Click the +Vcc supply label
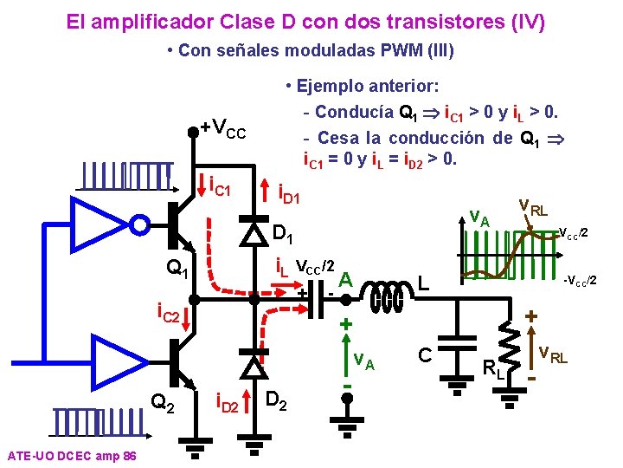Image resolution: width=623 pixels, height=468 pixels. point(224,130)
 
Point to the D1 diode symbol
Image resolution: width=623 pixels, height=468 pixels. point(253,232)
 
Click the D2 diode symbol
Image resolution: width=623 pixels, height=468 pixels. point(253,367)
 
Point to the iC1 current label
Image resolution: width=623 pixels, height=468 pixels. point(220,185)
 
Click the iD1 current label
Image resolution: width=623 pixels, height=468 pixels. point(287,190)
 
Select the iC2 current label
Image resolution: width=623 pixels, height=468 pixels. point(168,310)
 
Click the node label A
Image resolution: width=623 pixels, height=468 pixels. point(345,278)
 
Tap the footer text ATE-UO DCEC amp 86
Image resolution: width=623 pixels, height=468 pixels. point(70,456)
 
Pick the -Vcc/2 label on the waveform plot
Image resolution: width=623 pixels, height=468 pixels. point(580,280)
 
